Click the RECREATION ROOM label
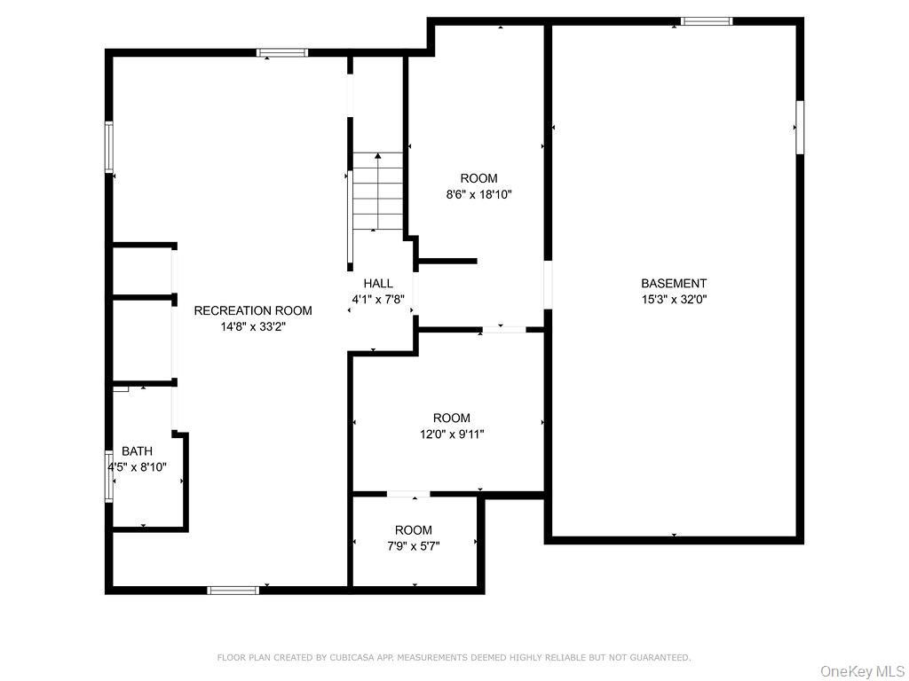click(x=253, y=310)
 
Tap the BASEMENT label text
click(x=674, y=283)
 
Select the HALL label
click(x=378, y=283)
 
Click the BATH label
click(x=138, y=451)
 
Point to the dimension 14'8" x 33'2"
click(x=253, y=326)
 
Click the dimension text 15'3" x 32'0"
click(x=674, y=300)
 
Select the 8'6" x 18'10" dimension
click(x=478, y=194)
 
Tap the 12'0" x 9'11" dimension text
click(x=452, y=434)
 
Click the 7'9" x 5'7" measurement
click(x=414, y=546)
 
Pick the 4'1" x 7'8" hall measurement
click(x=378, y=300)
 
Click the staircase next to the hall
click(x=378, y=192)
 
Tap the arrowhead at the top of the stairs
click(x=378, y=156)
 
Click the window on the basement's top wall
click(x=706, y=21)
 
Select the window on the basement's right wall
click(x=800, y=128)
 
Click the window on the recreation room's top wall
click(x=282, y=52)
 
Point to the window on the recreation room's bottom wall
click(x=233, y=590)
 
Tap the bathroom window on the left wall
click(x=108, y=476)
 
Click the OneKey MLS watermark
click(x=863, y=671)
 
